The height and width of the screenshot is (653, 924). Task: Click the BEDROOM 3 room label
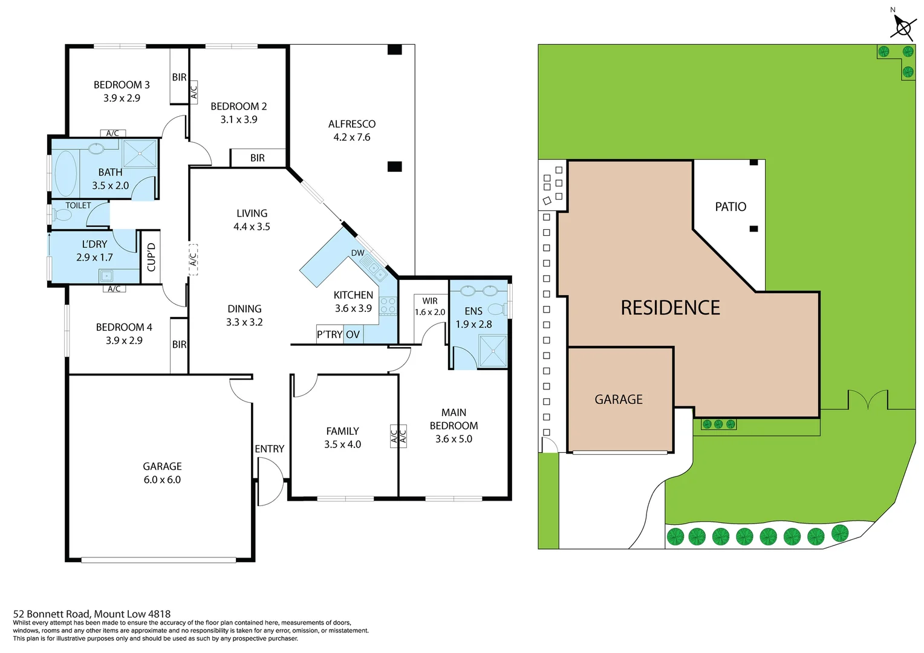[122, 85]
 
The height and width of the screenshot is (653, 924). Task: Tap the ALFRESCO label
[352, 124]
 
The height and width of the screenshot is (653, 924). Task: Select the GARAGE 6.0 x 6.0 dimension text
[162, 479]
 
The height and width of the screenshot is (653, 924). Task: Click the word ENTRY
[269, 449]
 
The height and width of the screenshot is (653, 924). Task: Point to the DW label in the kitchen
[357, 253]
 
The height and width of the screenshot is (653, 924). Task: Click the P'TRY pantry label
[330, 334]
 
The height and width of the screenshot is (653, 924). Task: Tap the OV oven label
[353, 334]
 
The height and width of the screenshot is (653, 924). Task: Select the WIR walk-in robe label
[430, 301]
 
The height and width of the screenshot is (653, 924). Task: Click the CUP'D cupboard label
[151, 257]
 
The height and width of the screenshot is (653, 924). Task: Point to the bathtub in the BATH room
[66, 173]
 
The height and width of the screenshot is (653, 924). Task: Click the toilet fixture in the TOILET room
[62, 215]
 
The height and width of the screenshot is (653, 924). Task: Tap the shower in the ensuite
[492, 350]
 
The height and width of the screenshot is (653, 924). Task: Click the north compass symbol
[903, 27]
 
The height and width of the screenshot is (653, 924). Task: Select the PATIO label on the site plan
[730, 207]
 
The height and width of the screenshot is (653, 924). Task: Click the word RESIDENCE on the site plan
[670, 308]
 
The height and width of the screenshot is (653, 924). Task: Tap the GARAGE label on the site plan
[619, 399]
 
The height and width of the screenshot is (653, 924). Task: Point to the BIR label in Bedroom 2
[258, 158]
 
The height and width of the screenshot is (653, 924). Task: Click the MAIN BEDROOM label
[454, 419]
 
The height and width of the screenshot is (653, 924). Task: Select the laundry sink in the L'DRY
[106, 276]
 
